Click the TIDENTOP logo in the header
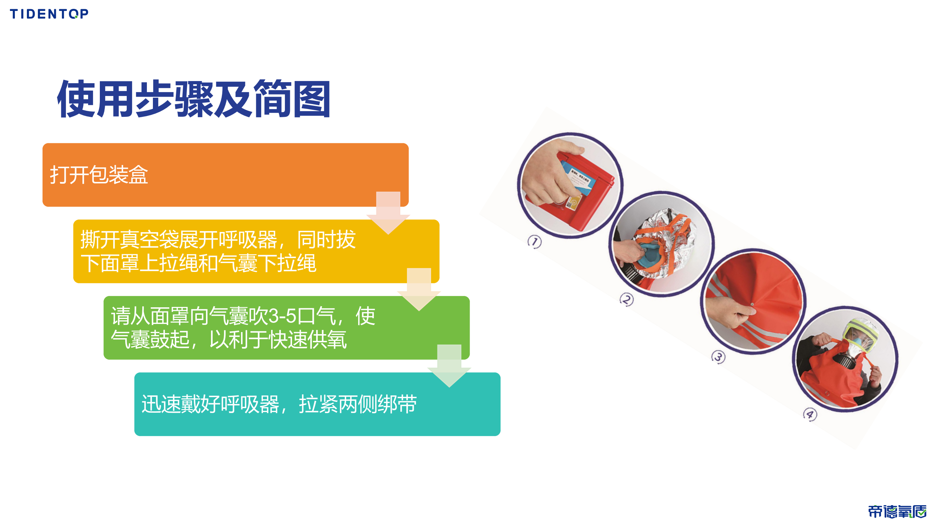[49, 14]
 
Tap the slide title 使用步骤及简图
[194, 99]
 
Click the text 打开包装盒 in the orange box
[99, 175]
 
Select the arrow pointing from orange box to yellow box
[388, 212]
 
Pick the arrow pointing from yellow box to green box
[419, 289]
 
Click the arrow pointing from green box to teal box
[449, 366]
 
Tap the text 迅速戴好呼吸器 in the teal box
[210, 404]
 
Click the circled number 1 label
[534, 242]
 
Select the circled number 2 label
[626, 300]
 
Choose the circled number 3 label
[718, 357]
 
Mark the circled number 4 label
[810, 415]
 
